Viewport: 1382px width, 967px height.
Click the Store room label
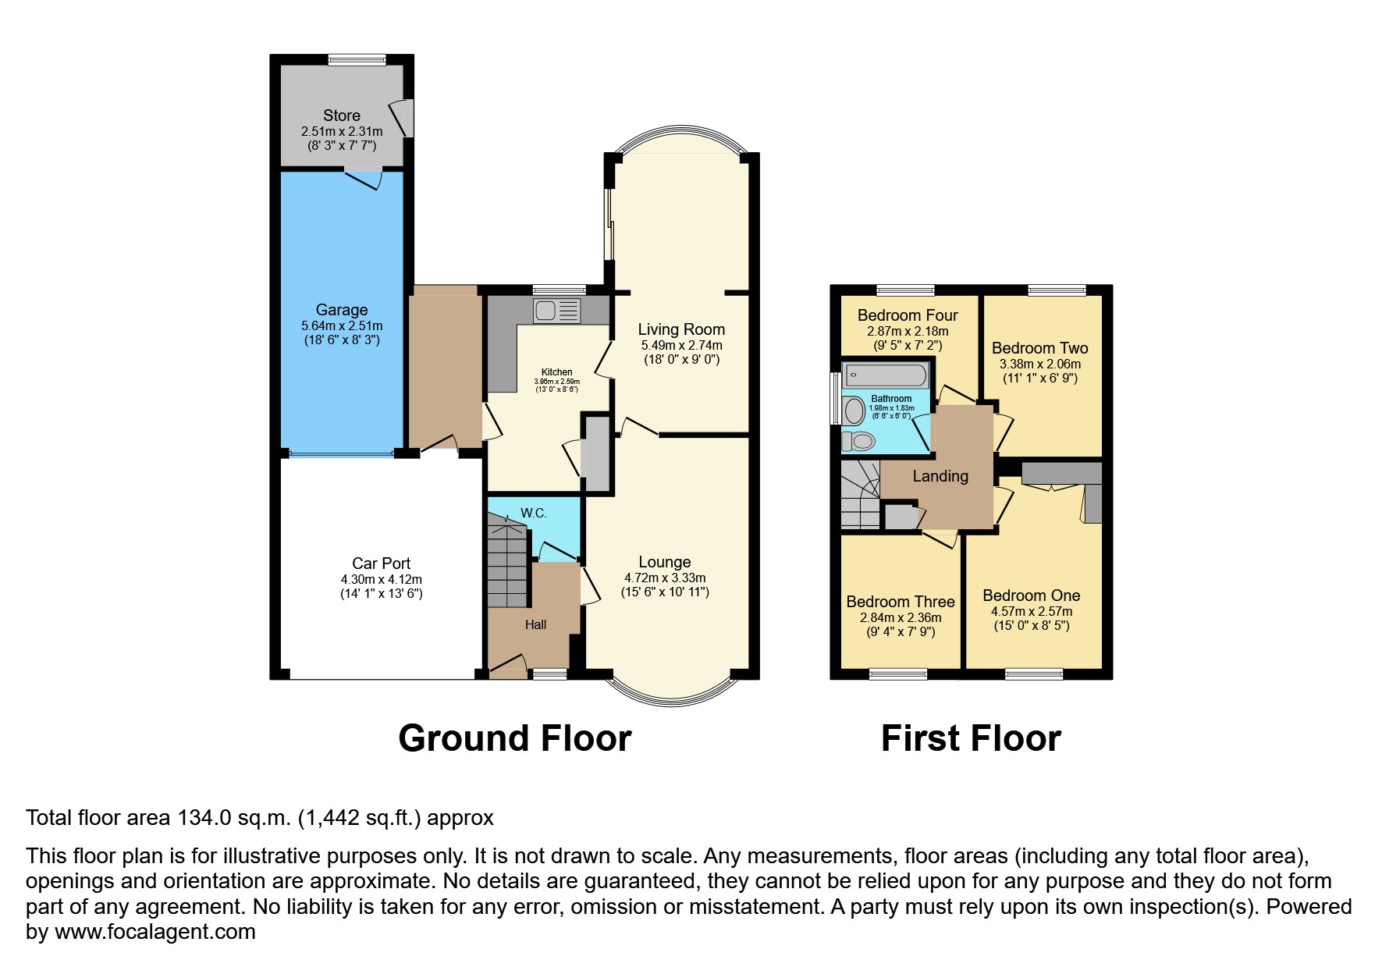342,116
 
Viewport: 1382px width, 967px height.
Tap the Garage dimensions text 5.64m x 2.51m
342,326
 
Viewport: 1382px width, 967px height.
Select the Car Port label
381,563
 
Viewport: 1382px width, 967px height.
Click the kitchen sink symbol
556,311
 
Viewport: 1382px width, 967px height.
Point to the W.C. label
534,514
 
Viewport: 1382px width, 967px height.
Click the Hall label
535,624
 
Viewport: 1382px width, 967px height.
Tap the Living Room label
681,329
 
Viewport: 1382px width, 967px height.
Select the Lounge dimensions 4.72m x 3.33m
665,578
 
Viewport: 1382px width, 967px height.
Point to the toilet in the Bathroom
858,441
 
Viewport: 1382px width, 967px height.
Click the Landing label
940,476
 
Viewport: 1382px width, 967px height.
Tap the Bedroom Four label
908,315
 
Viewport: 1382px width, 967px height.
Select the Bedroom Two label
1039,348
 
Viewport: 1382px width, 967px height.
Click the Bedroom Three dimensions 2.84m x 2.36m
901,617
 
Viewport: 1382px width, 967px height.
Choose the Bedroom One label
1031,595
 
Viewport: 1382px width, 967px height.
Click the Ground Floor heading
514,738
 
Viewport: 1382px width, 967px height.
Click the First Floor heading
971,738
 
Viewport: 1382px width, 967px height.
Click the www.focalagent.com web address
155,932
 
